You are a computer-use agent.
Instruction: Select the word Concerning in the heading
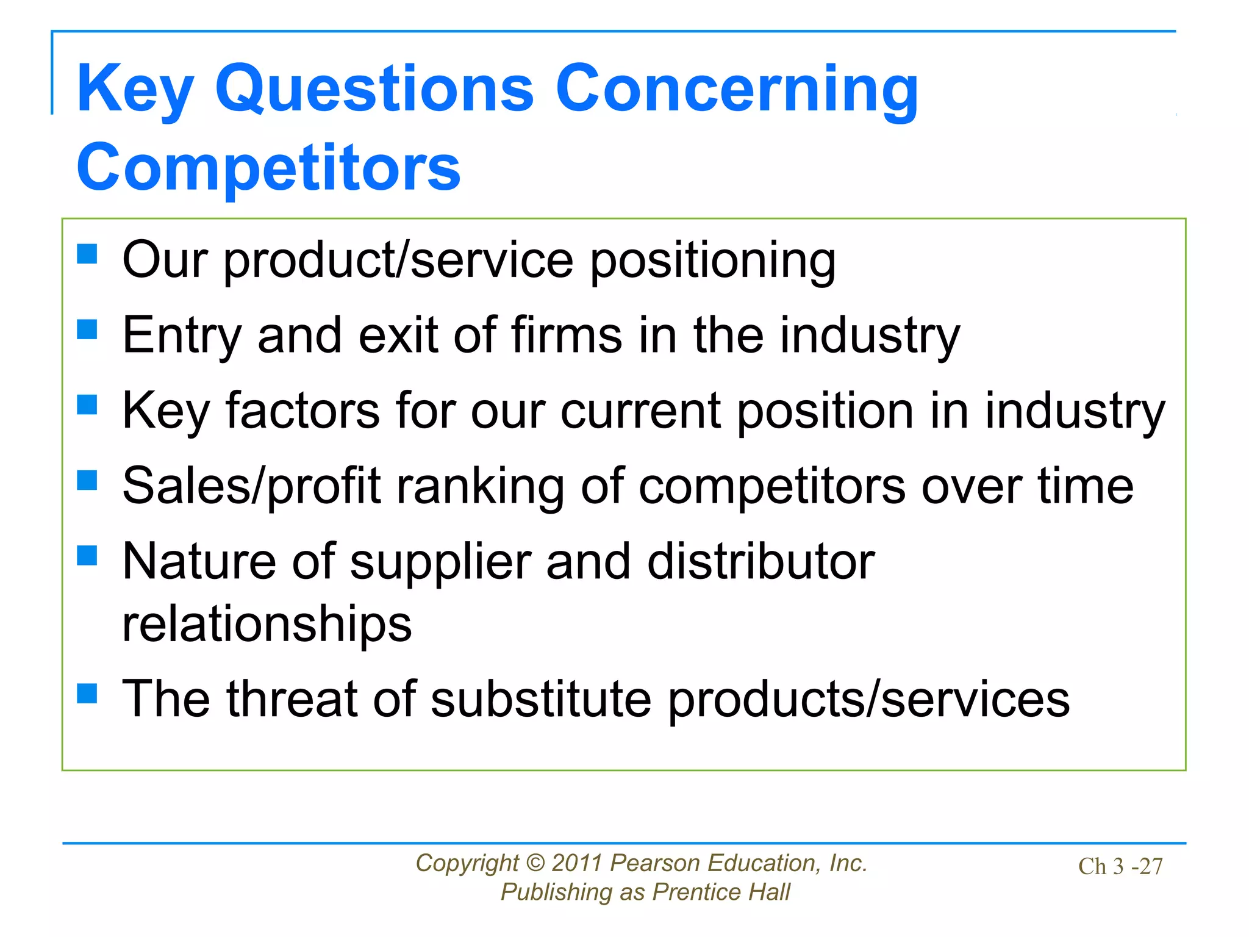[736, 90]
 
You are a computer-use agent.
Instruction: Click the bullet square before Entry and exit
[87, 329]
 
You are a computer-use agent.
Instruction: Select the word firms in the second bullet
[567, 336]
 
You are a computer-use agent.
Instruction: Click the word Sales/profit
[251, 487]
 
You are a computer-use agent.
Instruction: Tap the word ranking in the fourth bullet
[480, 487]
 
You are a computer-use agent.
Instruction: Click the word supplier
[440, 562]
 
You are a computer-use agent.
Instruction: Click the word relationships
[267, 625]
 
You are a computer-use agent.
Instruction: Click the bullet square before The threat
[87, 693]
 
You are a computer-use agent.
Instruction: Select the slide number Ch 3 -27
[1120, 866]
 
